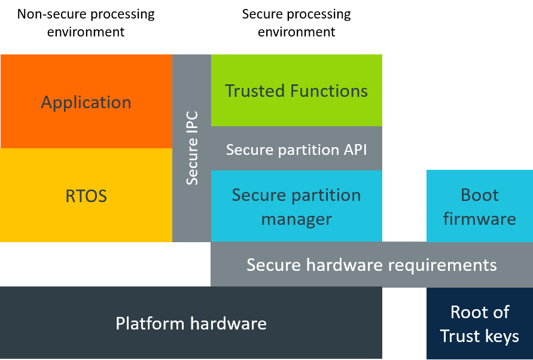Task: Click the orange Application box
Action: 86,102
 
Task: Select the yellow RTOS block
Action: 86,196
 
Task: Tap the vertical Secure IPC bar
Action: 191,148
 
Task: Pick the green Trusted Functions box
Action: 296,90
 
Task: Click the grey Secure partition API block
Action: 296,149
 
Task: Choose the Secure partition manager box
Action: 296,206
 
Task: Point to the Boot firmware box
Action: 479,206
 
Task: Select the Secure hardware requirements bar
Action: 371,264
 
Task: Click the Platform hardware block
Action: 191,323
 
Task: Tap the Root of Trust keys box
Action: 479,324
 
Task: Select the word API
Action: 355,149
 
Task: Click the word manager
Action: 296,219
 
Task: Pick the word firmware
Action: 479,219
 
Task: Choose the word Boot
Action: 480,195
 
